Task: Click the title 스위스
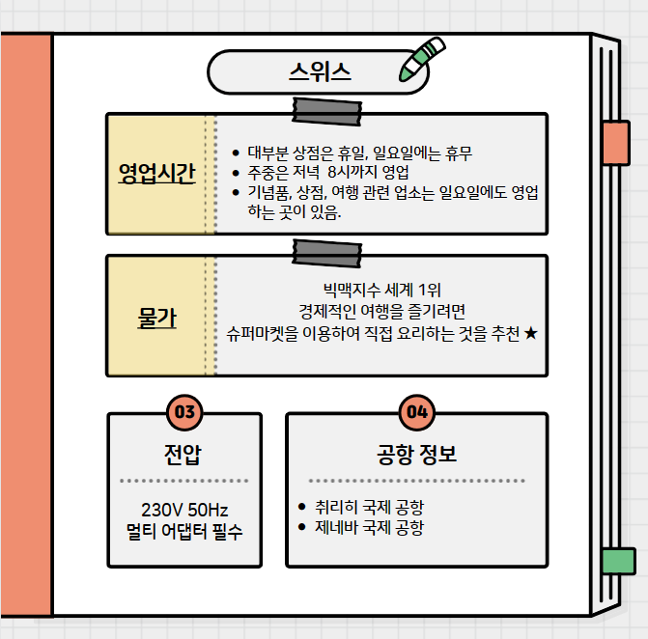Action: (x=319, y=71)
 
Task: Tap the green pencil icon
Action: (x=422, y=60)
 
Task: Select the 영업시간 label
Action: (x=156, y=174)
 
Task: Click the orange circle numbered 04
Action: (x=417, y=412)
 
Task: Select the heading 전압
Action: (x=183, y=453)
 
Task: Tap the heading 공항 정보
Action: (x=416, y=453)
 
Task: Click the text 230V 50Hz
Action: (x=183, y=509)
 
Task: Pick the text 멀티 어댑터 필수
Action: (x=183, y=530)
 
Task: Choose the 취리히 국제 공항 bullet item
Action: (x=368, y=507)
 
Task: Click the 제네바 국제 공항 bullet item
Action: (x=368, y=528)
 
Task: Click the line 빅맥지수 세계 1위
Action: (x=381, y=289)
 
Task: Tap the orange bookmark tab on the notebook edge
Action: (x=615, y=143)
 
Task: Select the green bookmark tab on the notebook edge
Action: (x=617, y=561)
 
